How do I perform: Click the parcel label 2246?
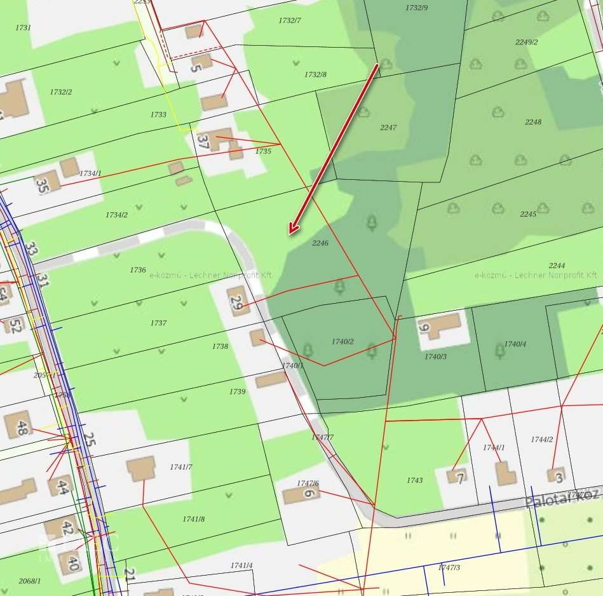click(x=320, y=243)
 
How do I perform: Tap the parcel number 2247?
click(x=388, y=128)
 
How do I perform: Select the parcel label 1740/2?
click(x=342, y=342)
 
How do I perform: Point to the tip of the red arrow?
click(x=290, y=234)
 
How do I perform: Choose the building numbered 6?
click(x=301, y=494)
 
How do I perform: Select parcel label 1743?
click(x=414, y=480)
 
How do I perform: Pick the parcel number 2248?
click(x=533, y=122)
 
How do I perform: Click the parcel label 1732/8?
click(x=315, y=75)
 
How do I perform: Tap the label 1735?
click(x=263, y=152)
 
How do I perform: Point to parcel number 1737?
click(x=158, y=323)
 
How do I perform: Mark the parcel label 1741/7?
click(x=180, y=467)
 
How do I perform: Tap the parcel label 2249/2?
click(x=527, y=43)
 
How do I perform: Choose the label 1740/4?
click(x=515, y=344)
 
